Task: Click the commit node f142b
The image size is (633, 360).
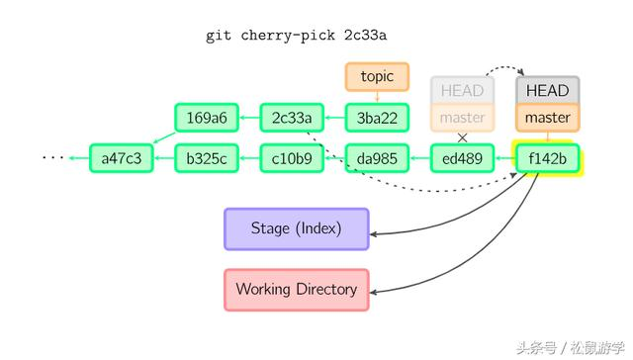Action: [547, 158]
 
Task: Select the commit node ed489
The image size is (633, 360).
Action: [462, 158]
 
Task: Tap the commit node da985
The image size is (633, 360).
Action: [377, 158]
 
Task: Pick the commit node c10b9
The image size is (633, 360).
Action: [292, 158]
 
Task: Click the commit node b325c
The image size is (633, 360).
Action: [207, 158]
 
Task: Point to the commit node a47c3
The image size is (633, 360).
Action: [122, 158]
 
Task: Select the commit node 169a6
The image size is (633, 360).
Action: [207, 119]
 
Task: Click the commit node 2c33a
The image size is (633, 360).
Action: [292, 119]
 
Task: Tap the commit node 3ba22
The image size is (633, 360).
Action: [377, 119]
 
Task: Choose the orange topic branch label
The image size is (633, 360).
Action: [377, 76]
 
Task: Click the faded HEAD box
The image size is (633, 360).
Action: [462, 90]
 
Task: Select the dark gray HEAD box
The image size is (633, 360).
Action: [547, 90]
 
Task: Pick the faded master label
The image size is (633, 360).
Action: [462, 117]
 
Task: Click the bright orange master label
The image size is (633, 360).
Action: [547, 117]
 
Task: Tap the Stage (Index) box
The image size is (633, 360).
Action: [296, 228]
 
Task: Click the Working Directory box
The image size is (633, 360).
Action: [296, 290]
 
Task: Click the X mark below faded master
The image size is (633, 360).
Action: [462, 137]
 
